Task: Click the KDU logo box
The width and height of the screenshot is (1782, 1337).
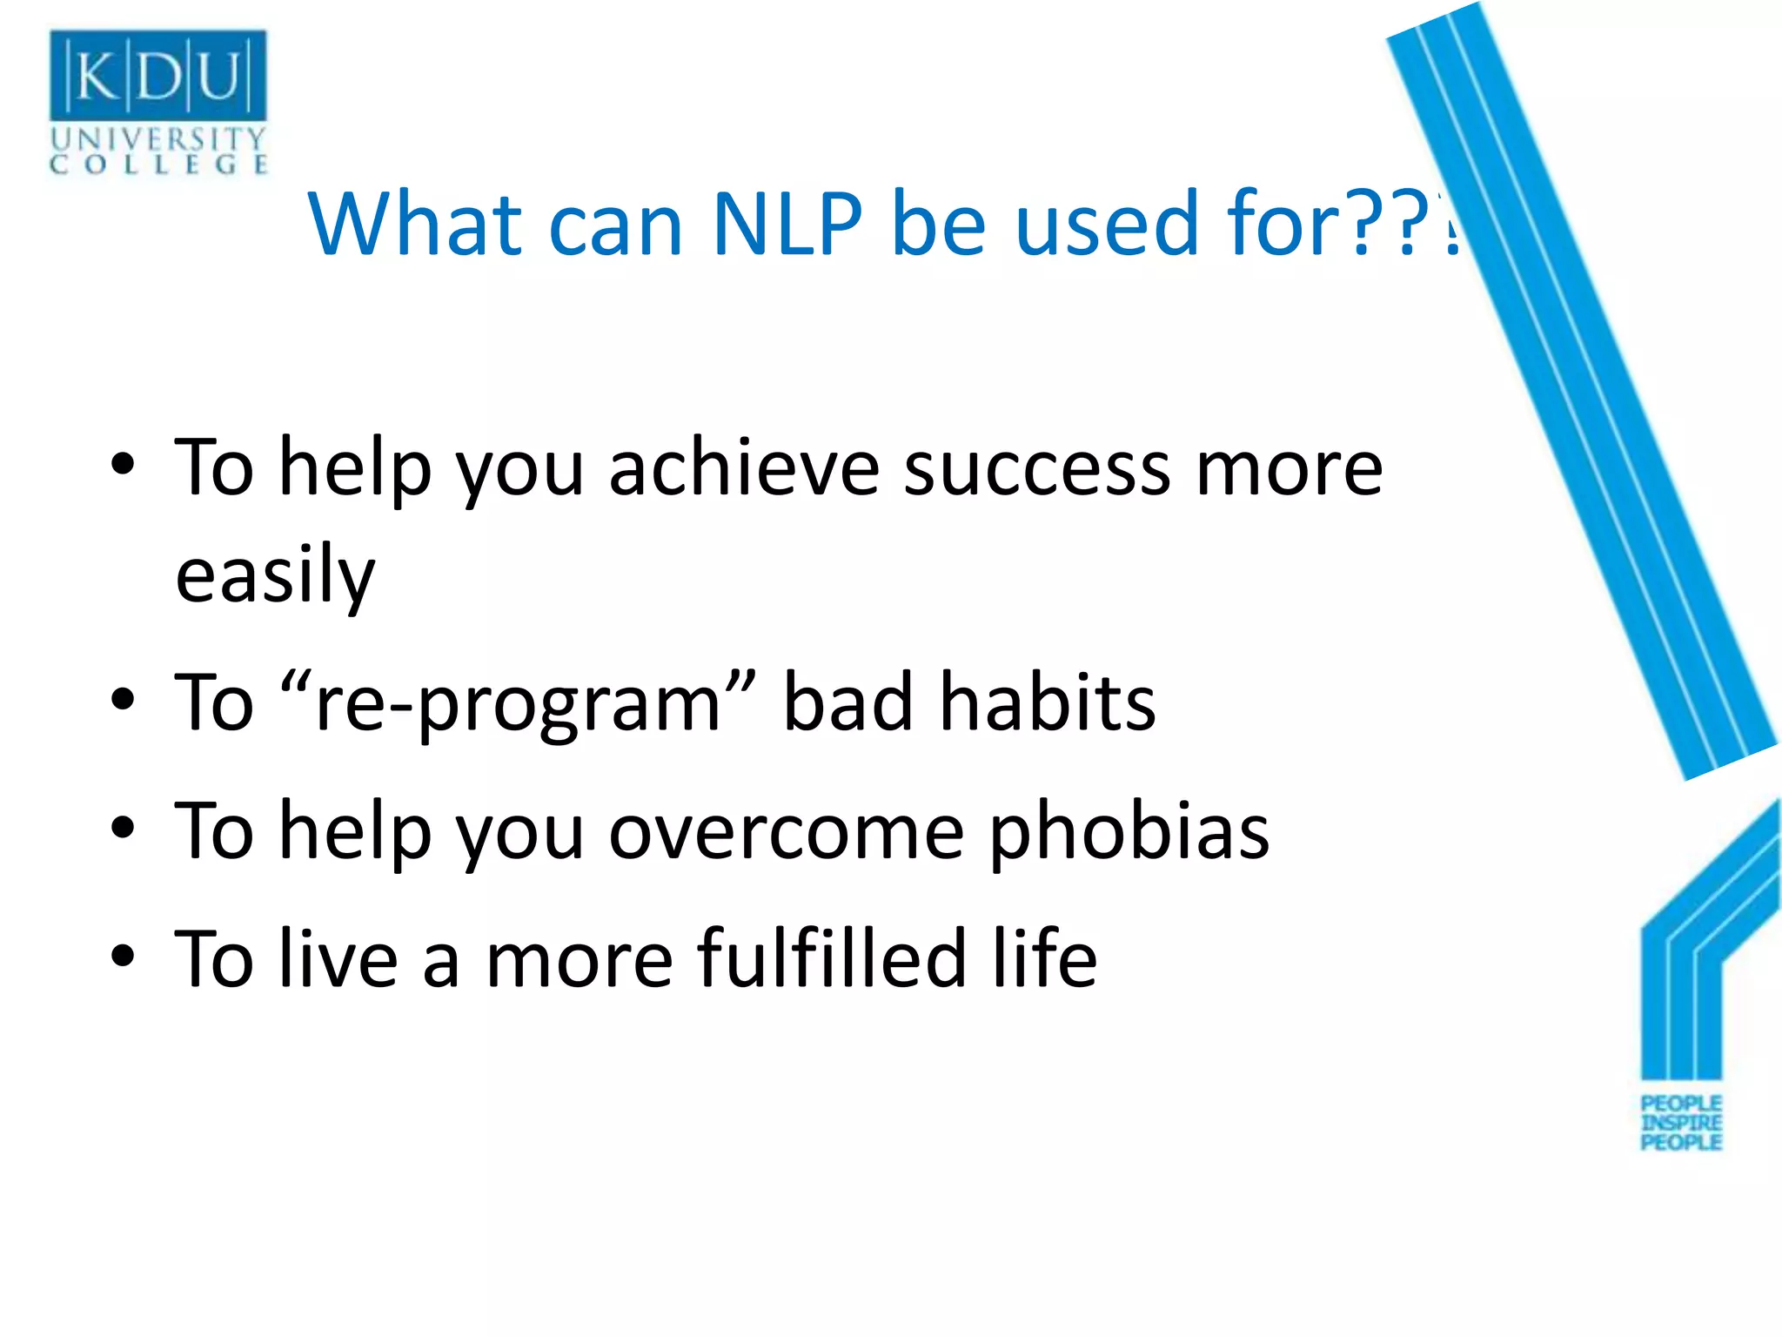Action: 157,75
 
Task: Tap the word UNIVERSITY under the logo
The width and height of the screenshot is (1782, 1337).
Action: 157,138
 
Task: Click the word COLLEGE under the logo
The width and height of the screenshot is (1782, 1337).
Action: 157,165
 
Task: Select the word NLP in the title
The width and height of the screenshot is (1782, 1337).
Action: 787,225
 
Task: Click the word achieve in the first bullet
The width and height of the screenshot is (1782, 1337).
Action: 744,469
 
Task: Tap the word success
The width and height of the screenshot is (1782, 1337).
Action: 1036,469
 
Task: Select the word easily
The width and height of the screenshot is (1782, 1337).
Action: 275,576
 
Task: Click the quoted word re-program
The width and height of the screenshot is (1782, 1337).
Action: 519,703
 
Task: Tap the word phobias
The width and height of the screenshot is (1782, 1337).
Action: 1129,832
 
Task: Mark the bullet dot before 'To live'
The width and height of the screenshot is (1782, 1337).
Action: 123,956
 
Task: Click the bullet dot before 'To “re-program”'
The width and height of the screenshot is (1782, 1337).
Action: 123,699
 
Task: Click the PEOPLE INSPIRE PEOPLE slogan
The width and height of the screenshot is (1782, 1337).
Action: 1681,1123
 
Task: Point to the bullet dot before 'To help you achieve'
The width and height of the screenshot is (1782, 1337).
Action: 123,465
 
